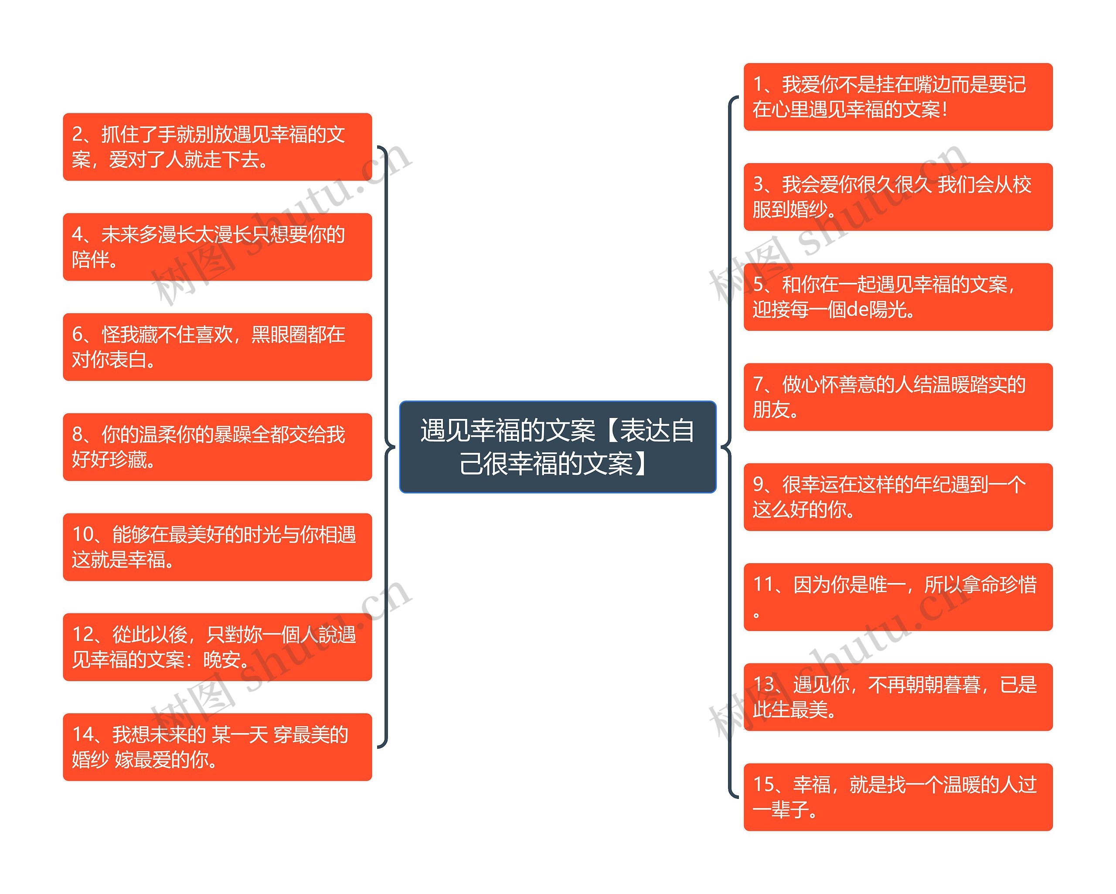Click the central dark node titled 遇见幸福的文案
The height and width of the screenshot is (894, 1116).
click(558, 446)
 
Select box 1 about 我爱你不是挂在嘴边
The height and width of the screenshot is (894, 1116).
click(898, 97)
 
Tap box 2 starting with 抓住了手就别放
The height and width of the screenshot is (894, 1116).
click(218, 147)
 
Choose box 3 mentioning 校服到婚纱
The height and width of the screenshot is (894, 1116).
click(898, 197)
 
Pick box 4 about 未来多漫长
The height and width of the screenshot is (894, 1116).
click(218, 247)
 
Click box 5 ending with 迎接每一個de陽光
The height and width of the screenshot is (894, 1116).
click(898, 297)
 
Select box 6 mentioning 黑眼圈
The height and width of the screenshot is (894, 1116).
click(218, 346)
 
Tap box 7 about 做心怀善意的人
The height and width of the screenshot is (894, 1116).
click(898, 397)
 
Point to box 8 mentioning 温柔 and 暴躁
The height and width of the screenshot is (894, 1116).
click(218, 446)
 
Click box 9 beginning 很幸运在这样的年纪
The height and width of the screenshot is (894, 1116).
click(898, 497)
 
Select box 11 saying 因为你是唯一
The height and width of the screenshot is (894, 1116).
click(898, 597)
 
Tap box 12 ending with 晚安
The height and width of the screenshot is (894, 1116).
click(218, 647)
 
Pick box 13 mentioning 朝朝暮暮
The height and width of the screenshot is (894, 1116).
click(898, 697)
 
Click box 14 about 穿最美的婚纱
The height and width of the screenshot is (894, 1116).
click(218, 747)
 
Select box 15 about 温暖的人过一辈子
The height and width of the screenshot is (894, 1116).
click(898, 797)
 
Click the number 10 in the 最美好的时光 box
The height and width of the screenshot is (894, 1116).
click(83, 534)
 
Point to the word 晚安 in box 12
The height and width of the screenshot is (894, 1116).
click(221, 659)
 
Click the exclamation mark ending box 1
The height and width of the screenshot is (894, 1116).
click(945, 109)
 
